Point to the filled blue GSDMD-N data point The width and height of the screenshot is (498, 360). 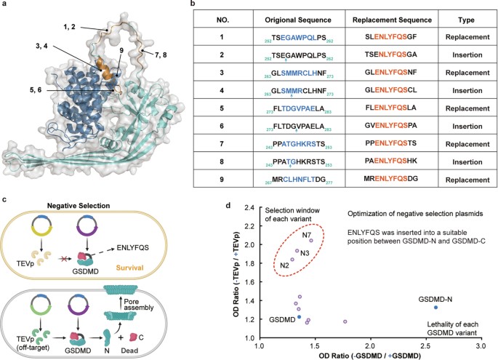point(435,308)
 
